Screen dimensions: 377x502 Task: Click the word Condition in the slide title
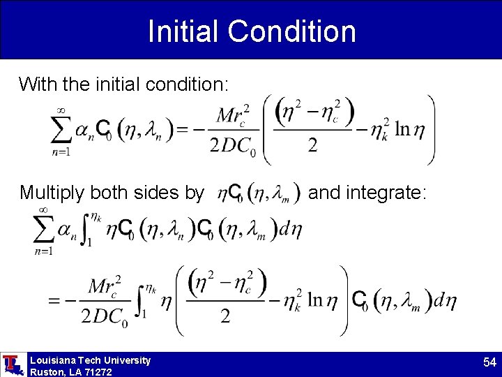pos(291,31)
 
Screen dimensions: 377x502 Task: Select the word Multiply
pos(50,192)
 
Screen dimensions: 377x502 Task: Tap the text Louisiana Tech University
pos(90,360)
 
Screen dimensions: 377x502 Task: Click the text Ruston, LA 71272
pos(71,372)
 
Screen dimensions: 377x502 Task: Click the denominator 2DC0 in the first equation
pos(234,145)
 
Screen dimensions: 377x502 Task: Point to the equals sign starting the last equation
pos(54,301)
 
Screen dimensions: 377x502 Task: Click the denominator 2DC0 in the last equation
pos(105,317)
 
